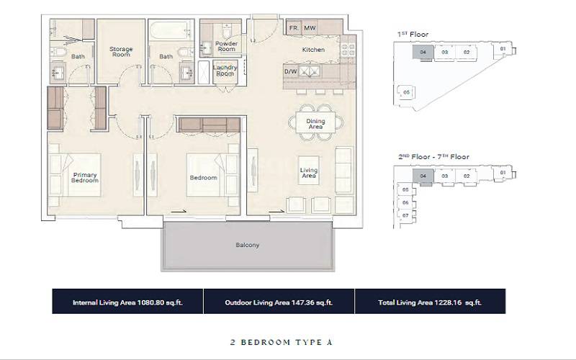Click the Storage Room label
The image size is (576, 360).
click(x=121, y=52)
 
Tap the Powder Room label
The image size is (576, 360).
click(x=226, y=47)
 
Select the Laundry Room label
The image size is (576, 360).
click(x=225, y=71)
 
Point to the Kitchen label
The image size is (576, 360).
click(x=313, y=50)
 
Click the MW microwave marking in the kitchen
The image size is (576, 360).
click(x=310, y=28)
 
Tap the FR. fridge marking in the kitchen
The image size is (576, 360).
click(x=293, y=28)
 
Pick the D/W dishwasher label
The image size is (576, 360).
click(x=290, y=72)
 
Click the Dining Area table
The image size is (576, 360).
click(x=315, y=125)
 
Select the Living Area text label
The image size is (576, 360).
click(x=309, y=173)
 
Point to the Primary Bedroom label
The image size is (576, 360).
click(x=85, y=177)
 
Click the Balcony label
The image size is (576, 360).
click(x=247, y=245)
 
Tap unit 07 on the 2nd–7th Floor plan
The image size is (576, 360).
click(x=405, y=215)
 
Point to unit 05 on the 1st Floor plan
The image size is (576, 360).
click(x=406, y=92)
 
